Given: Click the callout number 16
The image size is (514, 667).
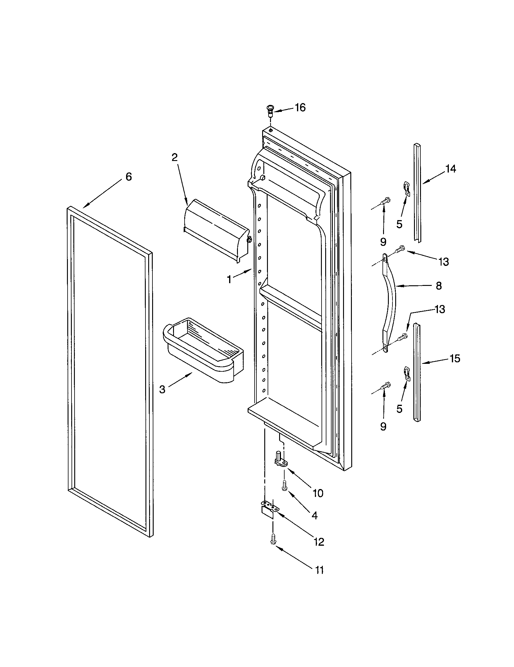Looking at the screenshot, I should (x=300, y=108).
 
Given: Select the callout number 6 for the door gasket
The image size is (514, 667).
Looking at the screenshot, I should (x=128, y=176).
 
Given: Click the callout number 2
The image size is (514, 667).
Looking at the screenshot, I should (x=174, y=157).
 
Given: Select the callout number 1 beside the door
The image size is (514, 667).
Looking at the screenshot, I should (x=229, y=279).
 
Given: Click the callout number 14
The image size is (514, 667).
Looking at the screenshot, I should (x=451, y=169).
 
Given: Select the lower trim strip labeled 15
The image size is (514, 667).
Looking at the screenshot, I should (x=417, y=373).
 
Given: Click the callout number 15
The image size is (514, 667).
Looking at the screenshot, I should (x=455, y=359).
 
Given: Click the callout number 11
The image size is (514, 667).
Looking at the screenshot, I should (x=319, y=570).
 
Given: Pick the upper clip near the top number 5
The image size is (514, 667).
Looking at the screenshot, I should (x=407, y=188).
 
